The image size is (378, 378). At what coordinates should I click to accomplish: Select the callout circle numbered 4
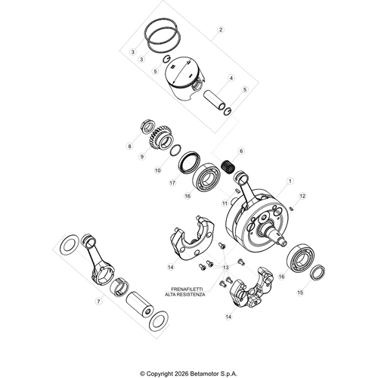[231, 78]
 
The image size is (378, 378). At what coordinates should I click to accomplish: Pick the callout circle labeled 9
[141, 156]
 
